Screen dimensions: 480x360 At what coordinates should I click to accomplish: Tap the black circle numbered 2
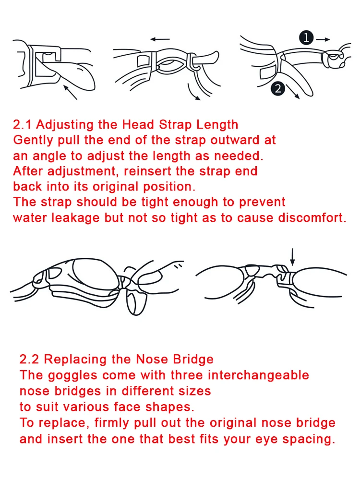coord(277,88)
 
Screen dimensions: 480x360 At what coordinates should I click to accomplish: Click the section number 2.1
coord(23,125)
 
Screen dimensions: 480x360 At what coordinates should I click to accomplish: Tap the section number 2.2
coord(30,360)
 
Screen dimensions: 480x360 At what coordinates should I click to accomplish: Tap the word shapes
coord(171,407)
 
